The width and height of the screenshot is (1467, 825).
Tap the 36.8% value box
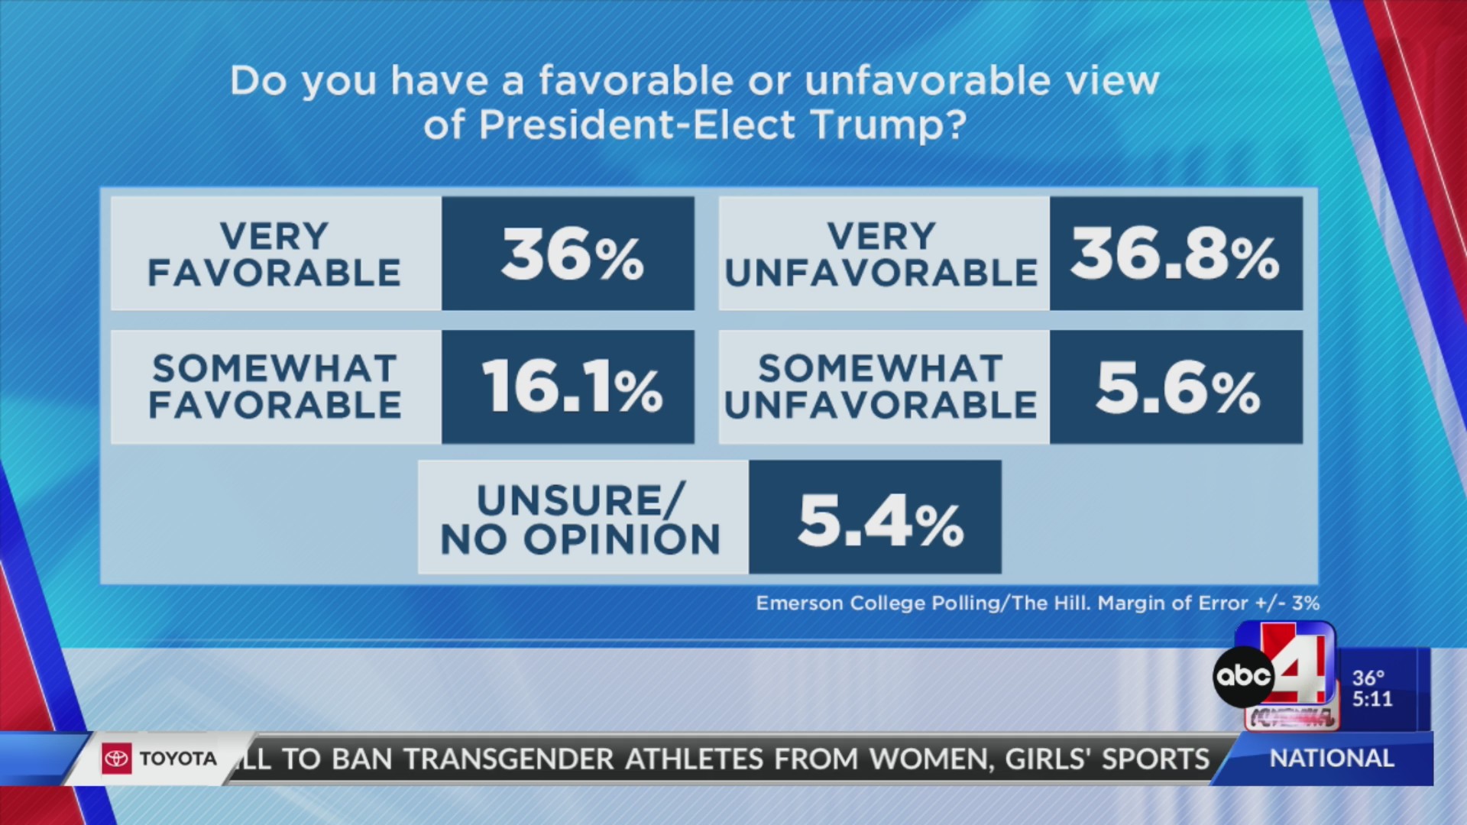(x=1175, y=254)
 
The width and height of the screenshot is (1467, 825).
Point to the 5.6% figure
(x=1177, y=387)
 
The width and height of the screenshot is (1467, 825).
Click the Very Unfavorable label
(x=882, y=254)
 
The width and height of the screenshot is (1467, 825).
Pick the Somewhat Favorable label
(x=275, y=387)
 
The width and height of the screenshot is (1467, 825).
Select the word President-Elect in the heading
(x=636, y=125)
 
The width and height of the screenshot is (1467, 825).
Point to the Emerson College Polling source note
(x=1037, y=603)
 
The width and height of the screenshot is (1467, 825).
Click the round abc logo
(x=1243, y=676)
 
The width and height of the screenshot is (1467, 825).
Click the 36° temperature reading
(x=1368, y=678)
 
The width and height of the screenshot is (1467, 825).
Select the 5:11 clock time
(x=1372, y=699)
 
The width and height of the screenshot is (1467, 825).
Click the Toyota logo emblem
(x=117, y=759)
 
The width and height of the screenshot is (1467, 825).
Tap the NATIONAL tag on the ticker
(x=1331, y=759)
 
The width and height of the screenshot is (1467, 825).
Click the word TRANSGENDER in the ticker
(x=509, y=759)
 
